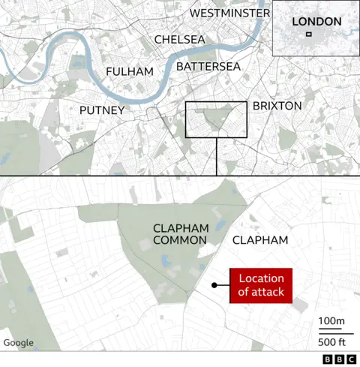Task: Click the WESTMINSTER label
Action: [x=229, y=14]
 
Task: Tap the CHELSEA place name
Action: [x=179, y=39]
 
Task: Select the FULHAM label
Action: [x=130, y=71]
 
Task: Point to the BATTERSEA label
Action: [x=208, y=67]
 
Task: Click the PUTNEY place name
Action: [x=101, y=110]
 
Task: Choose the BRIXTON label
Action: [x=277, y=106]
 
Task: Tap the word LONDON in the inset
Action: [x=316, y=22]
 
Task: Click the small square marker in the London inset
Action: [x=318, y=35]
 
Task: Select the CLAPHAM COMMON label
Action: [x=179, y=233]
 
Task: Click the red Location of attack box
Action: [x=260, y=286]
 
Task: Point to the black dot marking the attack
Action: [x=214, y=285]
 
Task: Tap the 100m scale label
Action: [x=331, y=322]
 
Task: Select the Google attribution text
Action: [x=19, y=343]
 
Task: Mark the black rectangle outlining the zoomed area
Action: [x=186, y=119]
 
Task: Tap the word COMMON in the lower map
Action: [x=179, y=240]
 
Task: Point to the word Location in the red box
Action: [x=260, y=279]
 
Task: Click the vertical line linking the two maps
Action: [x=216, y=156]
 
